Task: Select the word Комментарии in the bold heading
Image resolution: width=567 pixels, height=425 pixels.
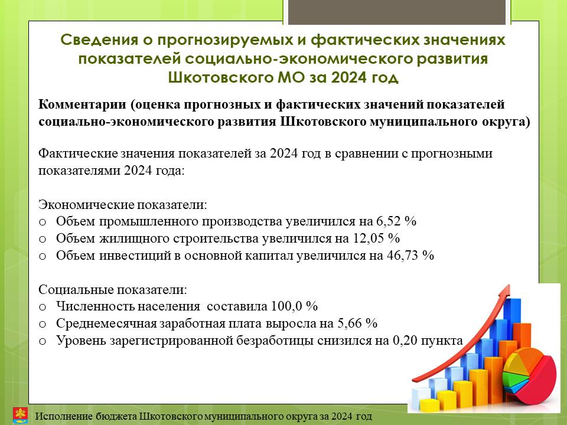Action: click(x=83, y=104)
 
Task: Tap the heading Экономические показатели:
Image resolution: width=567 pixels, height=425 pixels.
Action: click(x=123, y=205)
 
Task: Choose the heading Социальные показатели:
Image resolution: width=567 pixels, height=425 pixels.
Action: click(x=113, y=289)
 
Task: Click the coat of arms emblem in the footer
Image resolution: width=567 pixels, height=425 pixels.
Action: click(x=20, y=415)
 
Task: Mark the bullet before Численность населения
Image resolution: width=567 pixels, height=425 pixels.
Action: click(x=43, y=307)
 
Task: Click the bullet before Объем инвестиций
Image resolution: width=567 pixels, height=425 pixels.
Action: click(x=43, y=256)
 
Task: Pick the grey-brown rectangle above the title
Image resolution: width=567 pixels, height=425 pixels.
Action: click(x=397, y=12)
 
